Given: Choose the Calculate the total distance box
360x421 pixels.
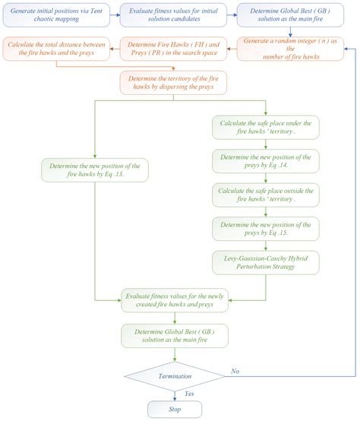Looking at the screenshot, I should [x=56, y=50].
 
